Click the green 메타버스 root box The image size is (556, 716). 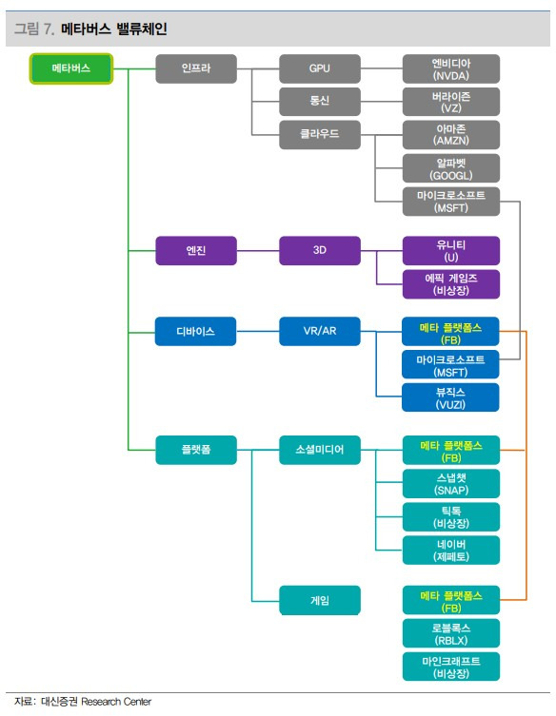(x=70, y=68)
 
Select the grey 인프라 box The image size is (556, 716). (x=196, y=68)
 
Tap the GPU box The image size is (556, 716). (x=320, y=68)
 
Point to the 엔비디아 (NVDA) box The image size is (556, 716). (x=451, y=69)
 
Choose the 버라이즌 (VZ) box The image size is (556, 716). (x=451, y=102)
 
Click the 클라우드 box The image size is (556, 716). (x=320, y=134)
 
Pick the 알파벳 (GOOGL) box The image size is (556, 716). (x=451, y=168)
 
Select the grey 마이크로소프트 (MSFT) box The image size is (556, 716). (x=451, y=202)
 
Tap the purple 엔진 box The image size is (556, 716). (x=196, y=251)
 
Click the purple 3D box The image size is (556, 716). (x=320, y=251)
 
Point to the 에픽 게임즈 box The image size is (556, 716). (x=451, y=284)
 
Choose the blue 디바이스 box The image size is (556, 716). (x=196, y=331)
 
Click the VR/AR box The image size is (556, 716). (x=320, y=331)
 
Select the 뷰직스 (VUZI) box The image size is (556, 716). (x=450, y=397)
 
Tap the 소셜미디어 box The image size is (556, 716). (x=320, y=450)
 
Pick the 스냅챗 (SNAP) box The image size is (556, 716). (x=451, y=484)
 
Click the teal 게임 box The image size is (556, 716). (x=320, y=600)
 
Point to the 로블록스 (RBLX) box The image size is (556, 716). (x=451, y=633)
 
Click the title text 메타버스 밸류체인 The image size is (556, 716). (x=114, y=29)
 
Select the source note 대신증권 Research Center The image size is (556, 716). (x=96, y=702)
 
